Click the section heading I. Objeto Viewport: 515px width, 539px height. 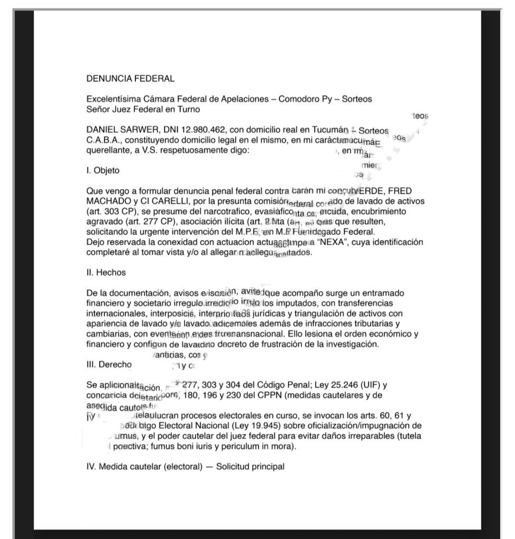103,171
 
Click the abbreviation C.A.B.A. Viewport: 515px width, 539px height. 103,140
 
